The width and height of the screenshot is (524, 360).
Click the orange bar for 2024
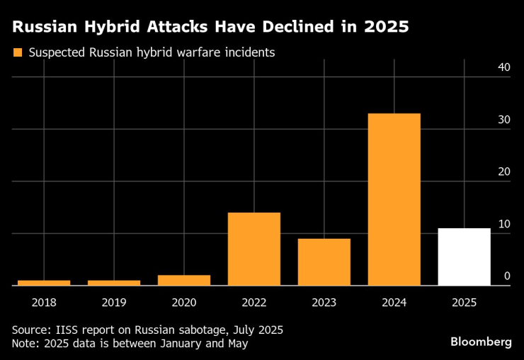(394, 199)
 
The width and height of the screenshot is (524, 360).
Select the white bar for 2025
(464, 257)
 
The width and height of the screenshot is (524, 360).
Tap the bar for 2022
(254, 249)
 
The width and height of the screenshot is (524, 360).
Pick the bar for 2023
(324, 261)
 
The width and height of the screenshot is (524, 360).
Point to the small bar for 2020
(184, 280)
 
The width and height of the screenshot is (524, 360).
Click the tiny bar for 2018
(44, 283)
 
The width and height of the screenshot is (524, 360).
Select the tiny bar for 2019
(114, 283)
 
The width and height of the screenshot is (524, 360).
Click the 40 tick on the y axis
(503, 67)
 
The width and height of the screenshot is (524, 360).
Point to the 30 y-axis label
(503, 120)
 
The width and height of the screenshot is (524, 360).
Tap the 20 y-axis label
(503, 172)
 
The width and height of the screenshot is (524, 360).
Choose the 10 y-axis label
(503, 224)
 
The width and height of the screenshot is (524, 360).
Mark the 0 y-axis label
(507, 276)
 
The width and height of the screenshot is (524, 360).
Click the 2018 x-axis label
(44, 302)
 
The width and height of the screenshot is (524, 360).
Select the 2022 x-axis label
(254, 302)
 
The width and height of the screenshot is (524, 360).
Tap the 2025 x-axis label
(464, 302)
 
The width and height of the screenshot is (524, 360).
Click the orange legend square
(18, 52)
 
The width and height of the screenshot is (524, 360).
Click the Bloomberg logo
(481, 342)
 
